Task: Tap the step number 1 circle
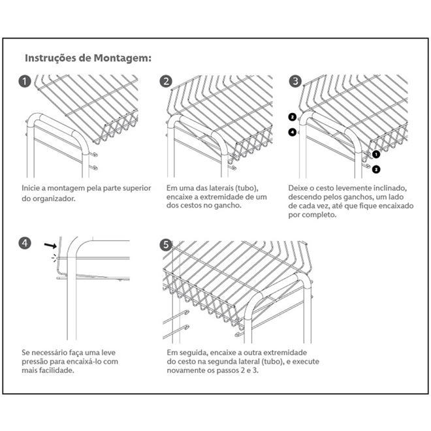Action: point(25,82)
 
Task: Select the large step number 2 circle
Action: point(167,82)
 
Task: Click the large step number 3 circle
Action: point(296,82)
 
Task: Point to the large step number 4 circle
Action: point(25,244)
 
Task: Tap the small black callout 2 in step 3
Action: point(292,118)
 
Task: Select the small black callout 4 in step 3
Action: point(292,132)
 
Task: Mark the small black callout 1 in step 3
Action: point(376,155)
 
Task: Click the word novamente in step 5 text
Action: point(188,371)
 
